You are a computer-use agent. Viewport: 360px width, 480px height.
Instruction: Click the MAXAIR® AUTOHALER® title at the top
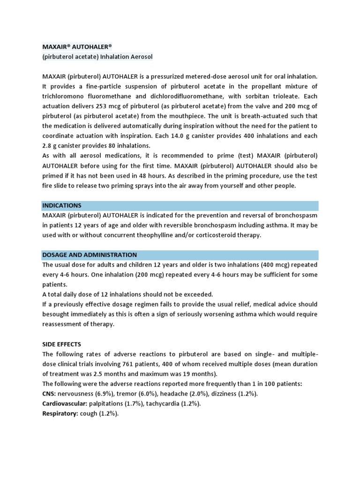tap(77, 47)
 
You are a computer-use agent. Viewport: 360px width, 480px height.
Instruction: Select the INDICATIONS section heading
tap(62, 205)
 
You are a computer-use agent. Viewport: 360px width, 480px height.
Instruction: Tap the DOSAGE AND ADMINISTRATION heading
tap(90, 255)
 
